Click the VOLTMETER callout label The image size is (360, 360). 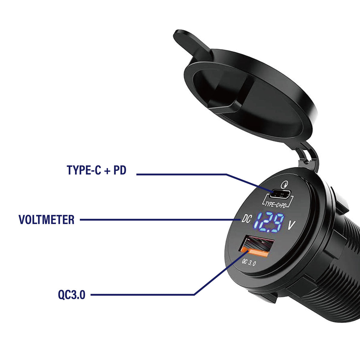(46, 220)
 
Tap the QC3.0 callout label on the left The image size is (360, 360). (72, 295)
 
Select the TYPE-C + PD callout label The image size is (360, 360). (97, 170)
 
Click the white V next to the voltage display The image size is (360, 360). (291, 225)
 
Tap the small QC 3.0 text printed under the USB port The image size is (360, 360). (249, 263)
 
